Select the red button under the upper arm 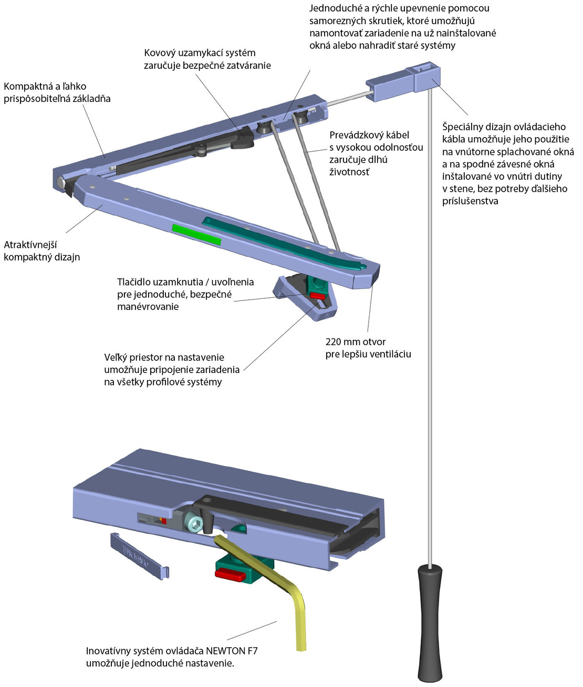(x=317, y=296)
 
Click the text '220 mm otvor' (x=356, y=342)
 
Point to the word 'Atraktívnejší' (x=30, y=245)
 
